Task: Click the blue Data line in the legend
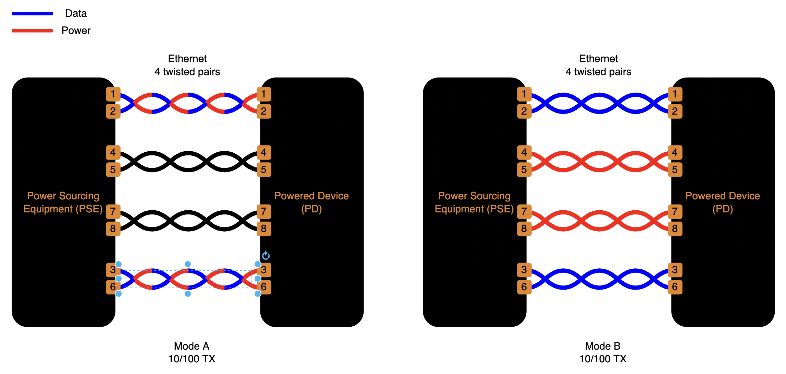(x=32, y=14)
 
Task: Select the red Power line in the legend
(x=32, y=31)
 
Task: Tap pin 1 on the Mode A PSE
(x=113, y=94)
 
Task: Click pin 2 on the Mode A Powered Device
(x=263, y=111)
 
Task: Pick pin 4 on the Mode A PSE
(x=113, y=152)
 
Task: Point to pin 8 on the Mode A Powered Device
(x=263, y=229)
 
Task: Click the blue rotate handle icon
(x=266, y=256)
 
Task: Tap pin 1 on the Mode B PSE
(x=524, y=94)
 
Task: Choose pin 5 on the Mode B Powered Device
(x=675, y=170)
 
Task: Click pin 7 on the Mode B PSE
(x=524, y=211)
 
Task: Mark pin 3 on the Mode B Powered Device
(x=675, y=270)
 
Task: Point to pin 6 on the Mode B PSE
(x=524, y=287)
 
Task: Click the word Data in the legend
(x=76, y=13)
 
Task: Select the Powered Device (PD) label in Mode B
(x=723, y=202)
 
